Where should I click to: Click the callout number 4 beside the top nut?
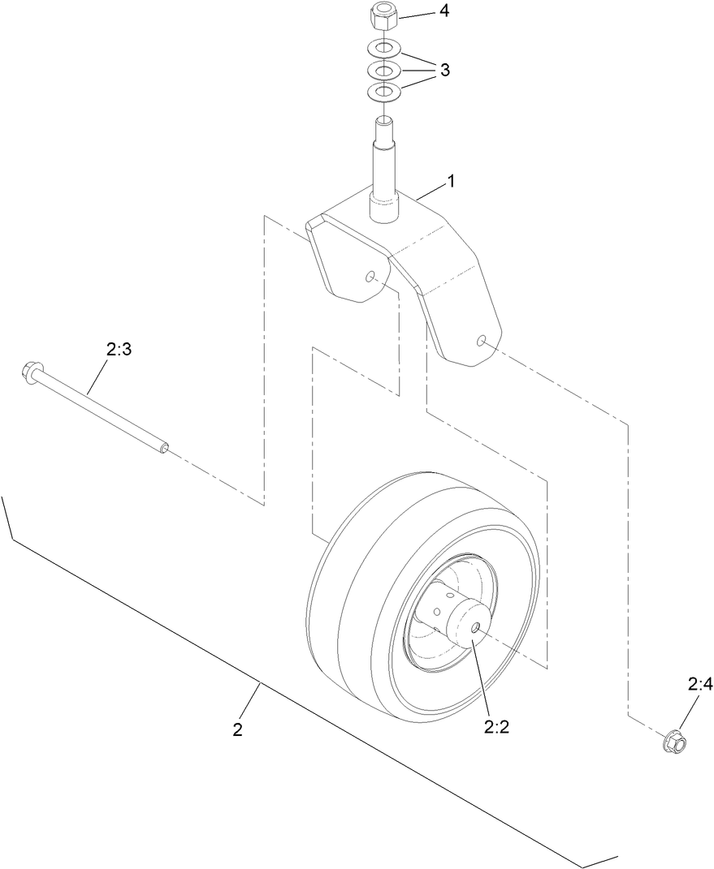(444, 12)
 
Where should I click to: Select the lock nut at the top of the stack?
(381, 15)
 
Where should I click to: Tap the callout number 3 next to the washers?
(444, 70)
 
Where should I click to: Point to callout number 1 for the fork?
(450, 181)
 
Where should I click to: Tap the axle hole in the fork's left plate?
(370, 277)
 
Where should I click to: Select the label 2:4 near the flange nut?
(699, 686)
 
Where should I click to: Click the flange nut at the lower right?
(673, 739)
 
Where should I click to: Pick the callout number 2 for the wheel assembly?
(237, 729)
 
